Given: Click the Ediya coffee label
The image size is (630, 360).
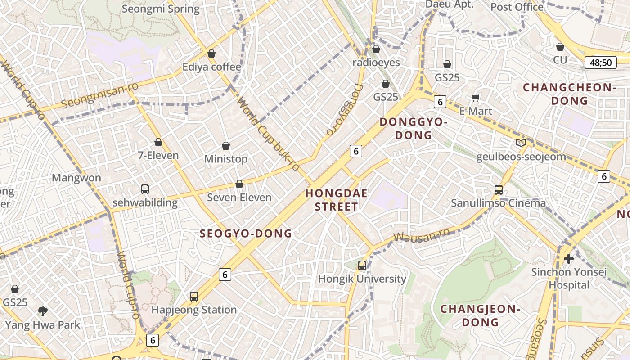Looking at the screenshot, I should [x=211, y=67].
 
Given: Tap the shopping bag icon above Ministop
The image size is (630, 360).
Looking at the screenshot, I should [x=226, y=146].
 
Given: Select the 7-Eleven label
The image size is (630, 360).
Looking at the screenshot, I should [x=158, y=155].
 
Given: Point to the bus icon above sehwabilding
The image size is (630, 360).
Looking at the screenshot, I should [x=145, y=189].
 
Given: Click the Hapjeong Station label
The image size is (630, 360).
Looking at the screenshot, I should [x=194, y=310].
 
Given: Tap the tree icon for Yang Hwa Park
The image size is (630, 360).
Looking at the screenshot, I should [x=43, y=310].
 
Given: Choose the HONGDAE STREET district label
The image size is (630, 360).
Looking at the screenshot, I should [x=337, y=200].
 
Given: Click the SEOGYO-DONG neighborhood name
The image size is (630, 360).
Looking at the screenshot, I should [x=246, y=234].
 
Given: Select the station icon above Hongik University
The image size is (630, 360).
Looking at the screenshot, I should [x=362, y=265].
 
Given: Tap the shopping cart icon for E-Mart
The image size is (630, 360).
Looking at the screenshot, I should [x=476, y=98].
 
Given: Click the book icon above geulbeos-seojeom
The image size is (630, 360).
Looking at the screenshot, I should [x=521, y=143].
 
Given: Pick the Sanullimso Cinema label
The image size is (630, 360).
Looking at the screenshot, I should [x=499, y=203].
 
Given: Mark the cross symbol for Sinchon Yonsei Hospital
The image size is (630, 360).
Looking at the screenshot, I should [x=569, y=259].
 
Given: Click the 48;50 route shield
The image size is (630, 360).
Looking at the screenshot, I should [x=600, y=63].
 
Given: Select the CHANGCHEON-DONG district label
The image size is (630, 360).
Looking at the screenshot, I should [x=569, y=94].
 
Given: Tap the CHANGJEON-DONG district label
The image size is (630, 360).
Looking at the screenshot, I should [x=480, y=315].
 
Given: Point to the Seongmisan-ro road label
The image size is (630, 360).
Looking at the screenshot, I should [x=100, y=95].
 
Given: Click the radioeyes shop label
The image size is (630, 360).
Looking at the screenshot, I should [x=376, y=63].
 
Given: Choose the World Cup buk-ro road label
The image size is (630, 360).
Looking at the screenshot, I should [x=268, y=135].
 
